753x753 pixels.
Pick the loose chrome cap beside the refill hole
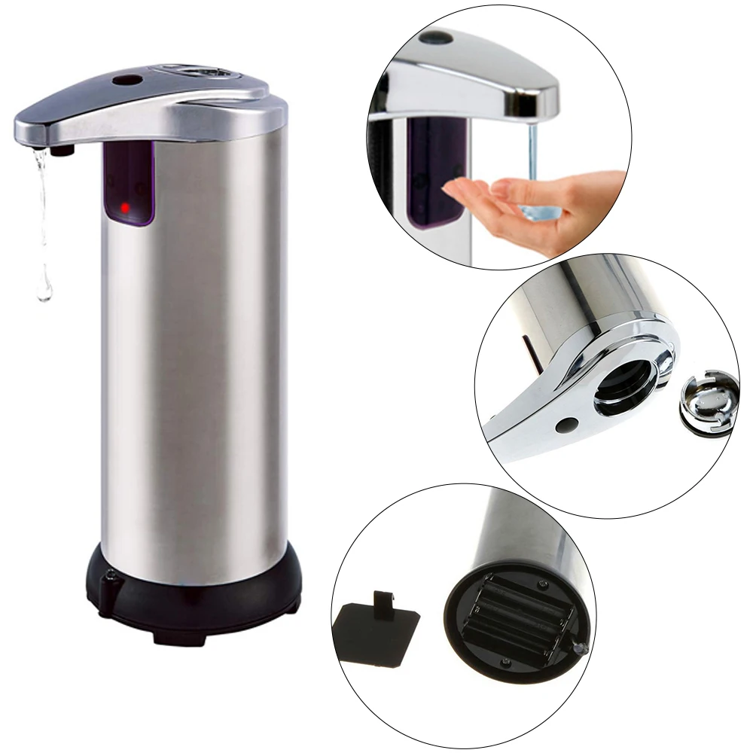(706, 405)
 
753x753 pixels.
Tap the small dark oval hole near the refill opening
(563, 428)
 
